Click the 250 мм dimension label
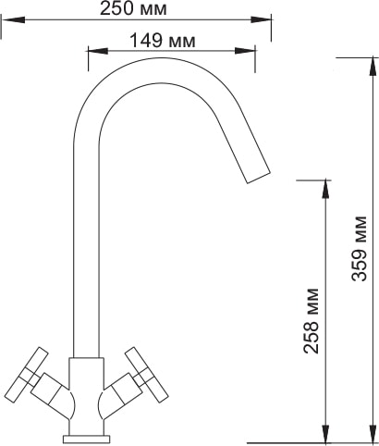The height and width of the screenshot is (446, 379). (133, 9)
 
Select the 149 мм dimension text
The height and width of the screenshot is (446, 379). (163, 41)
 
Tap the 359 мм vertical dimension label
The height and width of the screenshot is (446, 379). (360, 248)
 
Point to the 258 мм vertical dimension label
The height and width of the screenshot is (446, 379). (311, 321)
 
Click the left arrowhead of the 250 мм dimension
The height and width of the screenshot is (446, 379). (13, 19)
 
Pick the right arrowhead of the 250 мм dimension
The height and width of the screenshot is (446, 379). (261, 19)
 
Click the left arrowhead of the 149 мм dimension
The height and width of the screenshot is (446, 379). (98, 51)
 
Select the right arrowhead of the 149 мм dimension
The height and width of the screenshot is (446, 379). (245, 51)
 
